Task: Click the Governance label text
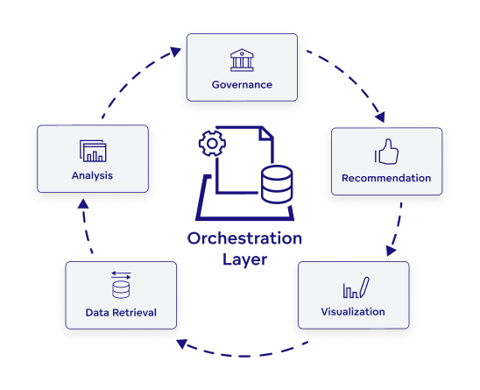tap(242, 85)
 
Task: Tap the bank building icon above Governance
tap(242, 60)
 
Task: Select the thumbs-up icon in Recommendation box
tap(386, 152)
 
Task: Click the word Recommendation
tap(386, 178)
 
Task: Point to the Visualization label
tap(353, 311)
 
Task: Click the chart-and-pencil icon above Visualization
tap(354, 287)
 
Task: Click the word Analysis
tap(92, 176)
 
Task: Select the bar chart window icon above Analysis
tap(92, 151)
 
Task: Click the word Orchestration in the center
tap(244, 239)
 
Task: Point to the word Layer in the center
tap(244, 259)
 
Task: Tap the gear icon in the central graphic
tap(210, 143)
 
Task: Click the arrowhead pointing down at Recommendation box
tap(378, 116)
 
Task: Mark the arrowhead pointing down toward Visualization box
tap(391, 250)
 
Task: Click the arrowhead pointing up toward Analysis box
tap(82, 204)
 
